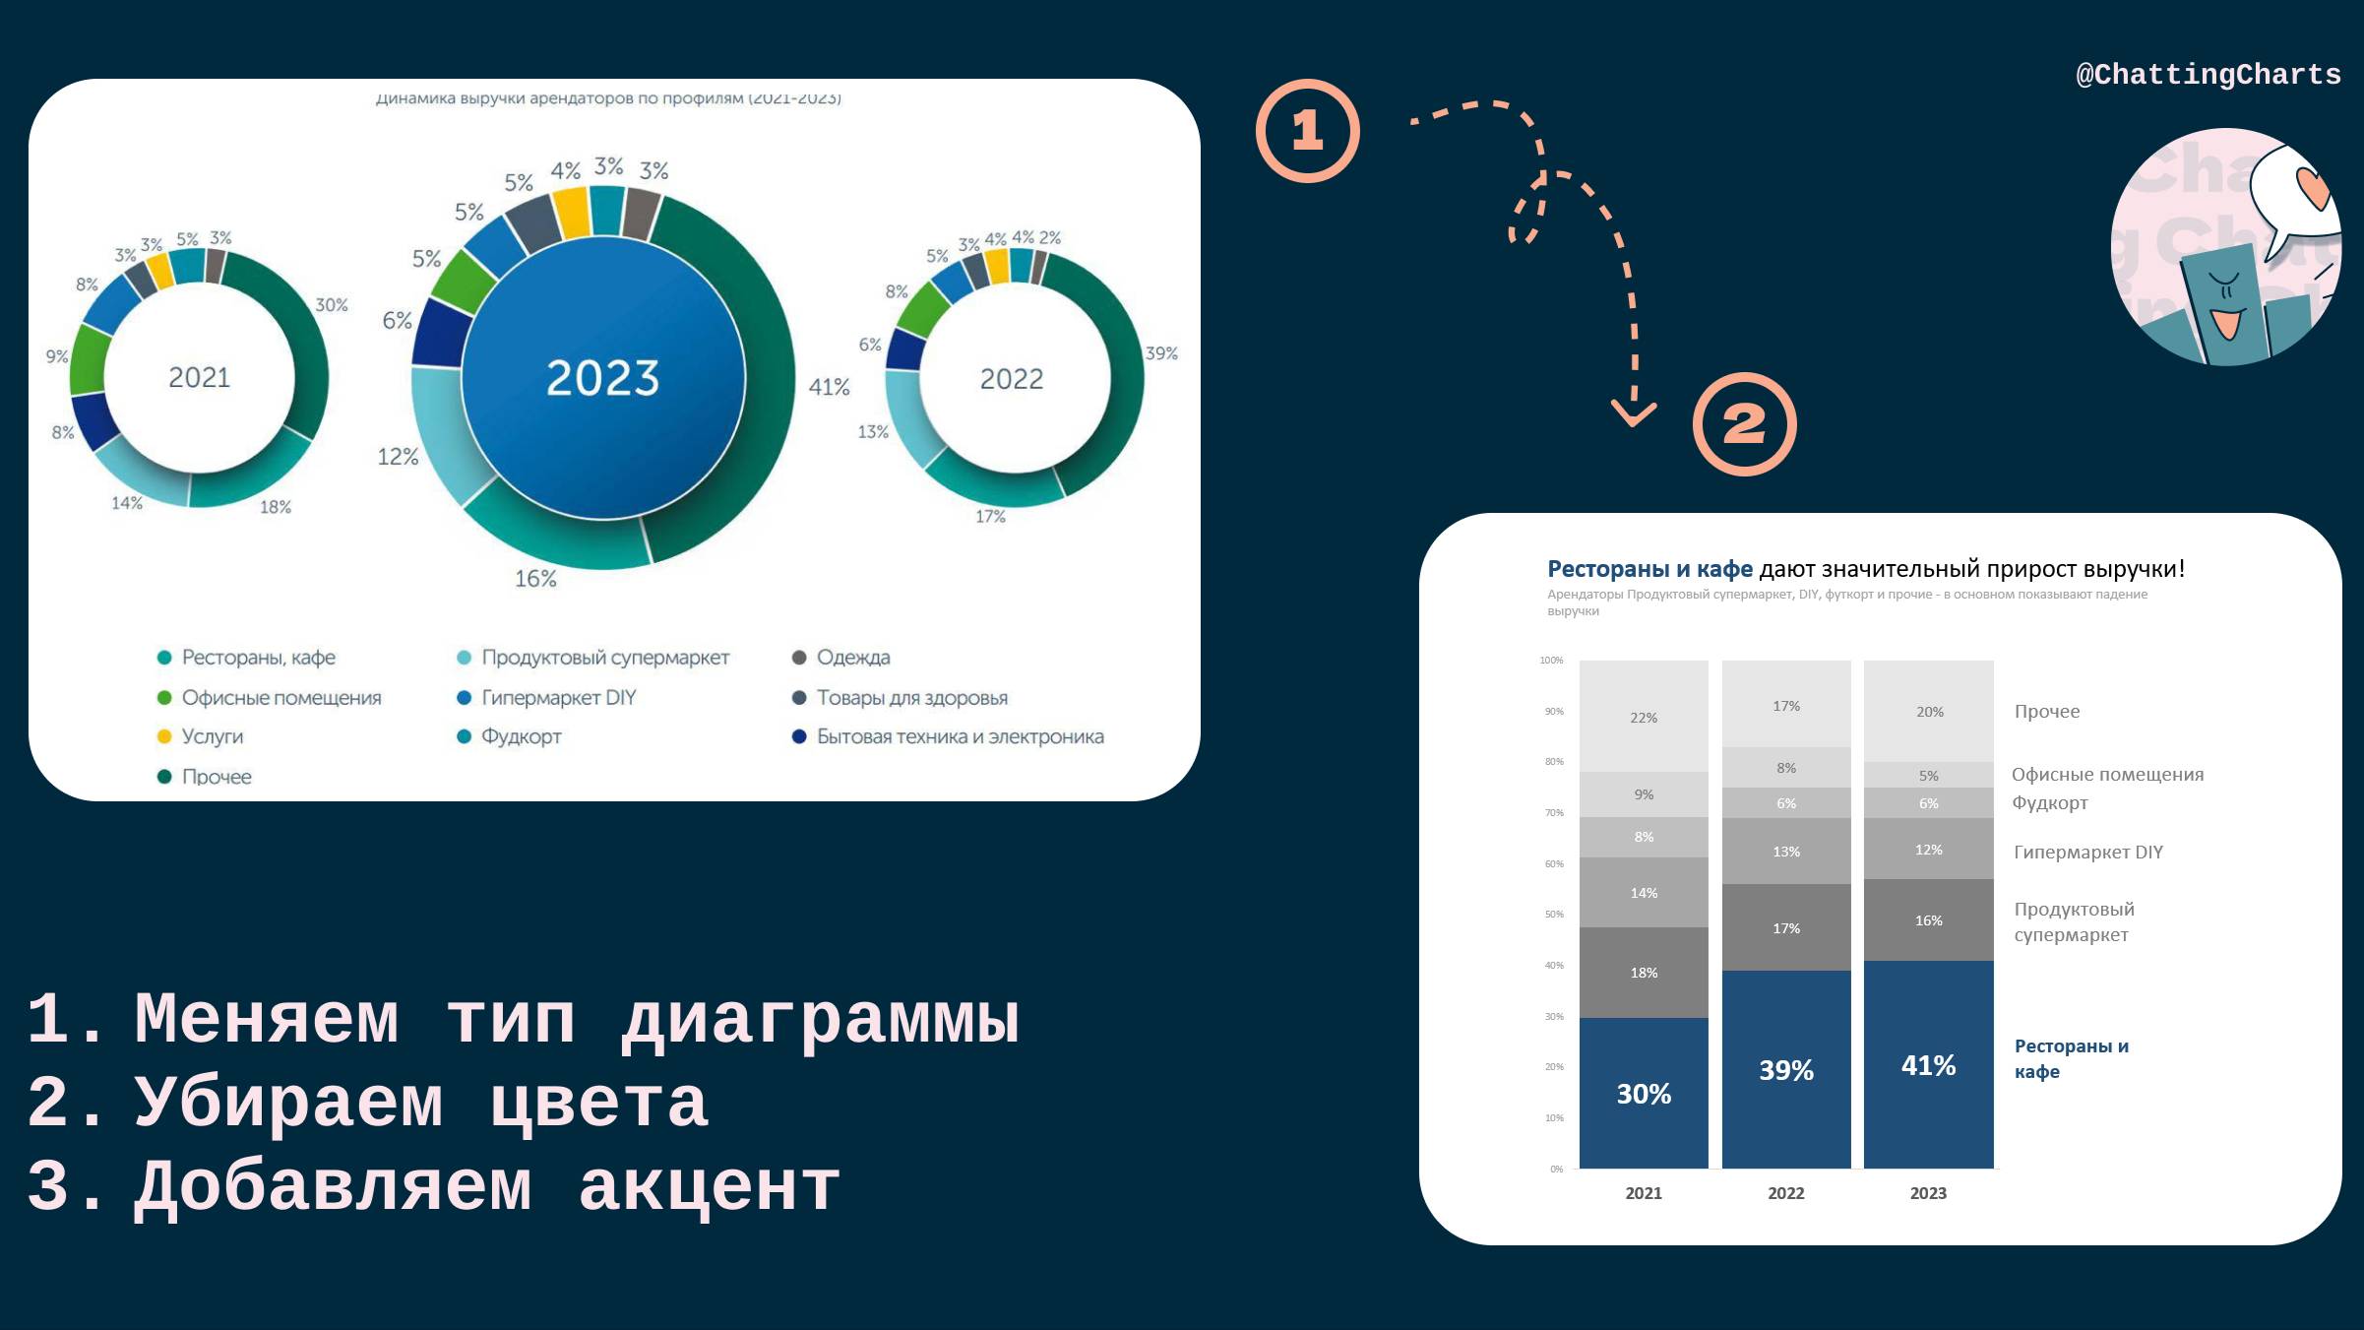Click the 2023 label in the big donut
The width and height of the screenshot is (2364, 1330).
[x=602, y=378]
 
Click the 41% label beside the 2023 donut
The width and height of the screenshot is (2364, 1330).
[x=829, y=387]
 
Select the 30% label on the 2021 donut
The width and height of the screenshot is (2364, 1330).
[x=332, y=305]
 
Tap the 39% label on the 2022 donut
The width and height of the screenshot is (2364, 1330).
[x=1161, y=353]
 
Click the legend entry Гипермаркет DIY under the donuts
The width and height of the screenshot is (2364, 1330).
[x=558, y=698]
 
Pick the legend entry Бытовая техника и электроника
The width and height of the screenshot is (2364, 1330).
[x=960, y=737]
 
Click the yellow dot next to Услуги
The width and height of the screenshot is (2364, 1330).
[x=164, y=737]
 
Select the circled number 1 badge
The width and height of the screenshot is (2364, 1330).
[x=1307, y=131]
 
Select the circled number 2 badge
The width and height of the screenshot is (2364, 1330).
[x=1744, y=424]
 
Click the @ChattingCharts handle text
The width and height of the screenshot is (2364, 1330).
[x=2208, y=75]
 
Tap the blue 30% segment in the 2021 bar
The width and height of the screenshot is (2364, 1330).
[x=1644, y=1094]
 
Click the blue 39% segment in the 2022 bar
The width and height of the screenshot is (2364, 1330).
[x=1785, y=1070]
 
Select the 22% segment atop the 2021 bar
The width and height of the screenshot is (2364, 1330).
[x=1644, y=717]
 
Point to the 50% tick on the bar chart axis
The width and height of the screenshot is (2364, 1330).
[x=1554, y=915]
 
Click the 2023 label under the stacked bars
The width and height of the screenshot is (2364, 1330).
[x=1928, y=1193]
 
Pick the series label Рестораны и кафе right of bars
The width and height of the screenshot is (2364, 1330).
[x=2070, y=1058]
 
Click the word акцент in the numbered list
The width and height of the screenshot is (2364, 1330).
[x=709, y=1187]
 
